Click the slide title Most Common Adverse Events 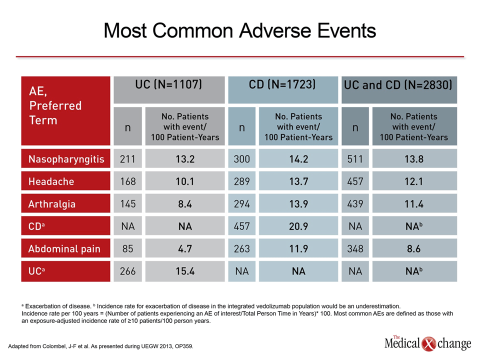239,31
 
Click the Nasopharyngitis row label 66,159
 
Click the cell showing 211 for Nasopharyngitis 127,159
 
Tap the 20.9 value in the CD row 298,226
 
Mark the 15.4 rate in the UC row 185,271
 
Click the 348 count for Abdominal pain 355,249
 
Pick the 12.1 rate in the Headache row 414,181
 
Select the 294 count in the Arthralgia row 242,204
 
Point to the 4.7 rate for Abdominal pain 185,249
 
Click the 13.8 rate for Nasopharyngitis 414,159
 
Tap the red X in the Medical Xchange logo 428,344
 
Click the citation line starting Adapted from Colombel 100,346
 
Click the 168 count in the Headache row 127,181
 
